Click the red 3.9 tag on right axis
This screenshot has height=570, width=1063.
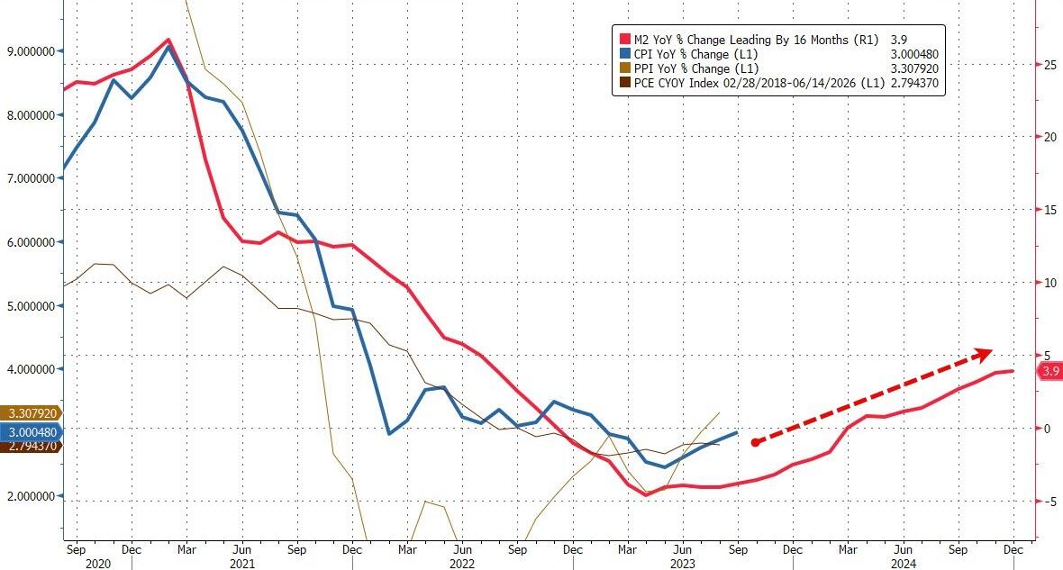(x=1050, y=371)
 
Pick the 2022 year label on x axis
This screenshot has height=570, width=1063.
(x=462, y=563)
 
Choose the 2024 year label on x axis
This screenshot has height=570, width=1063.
(x=904, y=563)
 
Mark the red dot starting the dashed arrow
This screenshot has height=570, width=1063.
(x=755, y=442)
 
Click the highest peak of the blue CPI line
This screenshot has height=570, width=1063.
(x=168, y=46)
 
